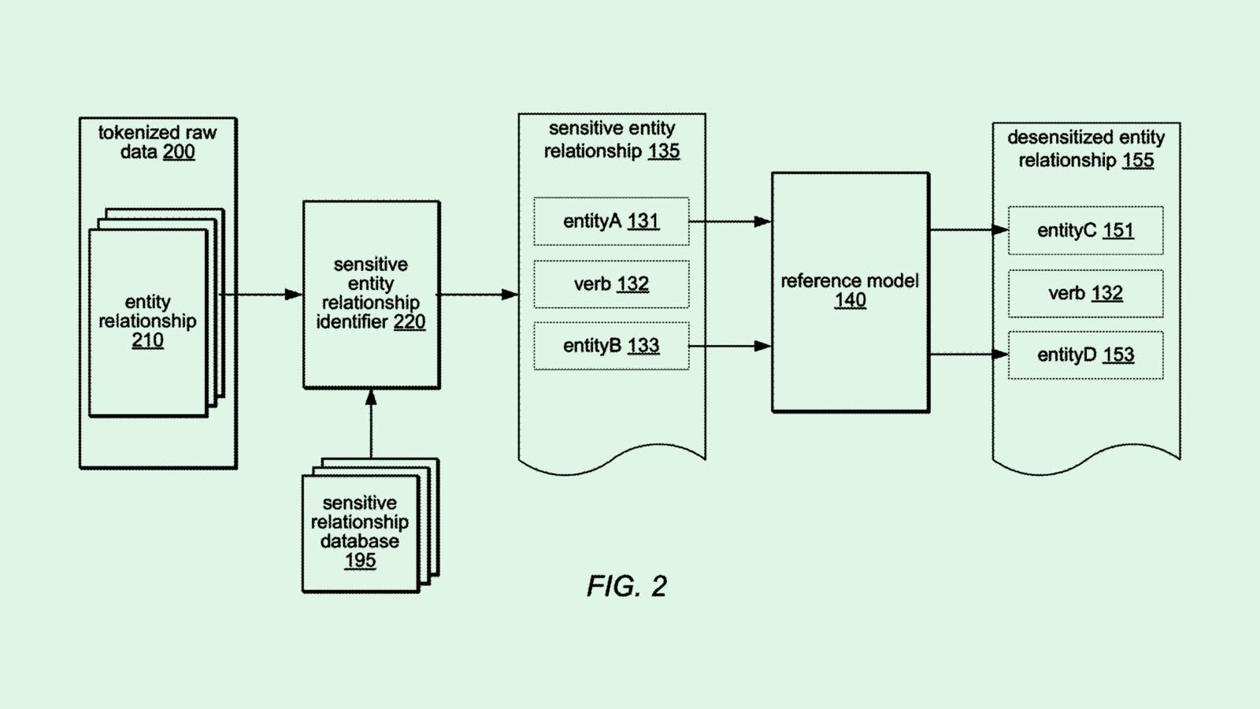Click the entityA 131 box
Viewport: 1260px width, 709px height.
[611, 221]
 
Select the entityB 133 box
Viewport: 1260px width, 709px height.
[611, 346]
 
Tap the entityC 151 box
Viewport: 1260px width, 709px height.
[1085, 231]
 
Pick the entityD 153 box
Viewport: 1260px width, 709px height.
[1085, 355]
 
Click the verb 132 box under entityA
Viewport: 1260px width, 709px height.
[611, 284]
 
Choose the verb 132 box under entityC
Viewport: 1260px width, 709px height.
[1085, 294]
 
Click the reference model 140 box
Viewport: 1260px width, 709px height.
[850, 291]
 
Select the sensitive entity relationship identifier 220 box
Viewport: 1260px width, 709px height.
[371, 294]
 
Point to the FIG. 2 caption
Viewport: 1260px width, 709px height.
[627, 586]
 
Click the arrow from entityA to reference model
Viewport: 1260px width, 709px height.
[730, 222]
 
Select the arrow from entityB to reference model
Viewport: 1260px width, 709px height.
[730, 346]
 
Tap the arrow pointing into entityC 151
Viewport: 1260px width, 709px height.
[969, 230]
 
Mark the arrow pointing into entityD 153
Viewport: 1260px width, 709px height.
[969, 354]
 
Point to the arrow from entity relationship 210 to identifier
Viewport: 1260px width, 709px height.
[261, 295]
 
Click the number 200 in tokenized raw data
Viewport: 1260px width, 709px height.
[179, 152]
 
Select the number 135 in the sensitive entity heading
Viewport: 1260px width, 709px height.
[664, 151]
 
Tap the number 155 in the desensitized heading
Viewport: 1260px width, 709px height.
[1138, 161]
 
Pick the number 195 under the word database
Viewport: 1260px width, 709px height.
[360, 561]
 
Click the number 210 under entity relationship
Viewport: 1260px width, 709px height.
[147, 340]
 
